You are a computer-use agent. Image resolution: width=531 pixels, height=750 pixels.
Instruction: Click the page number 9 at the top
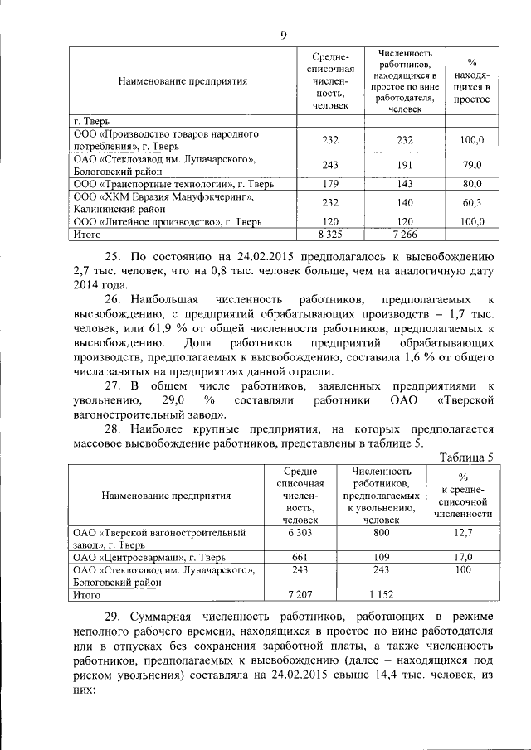coord(283,34)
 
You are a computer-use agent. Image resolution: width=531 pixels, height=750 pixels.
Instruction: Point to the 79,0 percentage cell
coord(472,165)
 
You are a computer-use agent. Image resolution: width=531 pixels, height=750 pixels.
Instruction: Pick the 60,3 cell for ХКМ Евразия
coord(472,202)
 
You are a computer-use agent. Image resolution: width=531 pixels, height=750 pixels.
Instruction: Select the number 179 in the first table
coord(329,183)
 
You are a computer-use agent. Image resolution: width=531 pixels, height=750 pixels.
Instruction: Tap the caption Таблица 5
coord(467,457)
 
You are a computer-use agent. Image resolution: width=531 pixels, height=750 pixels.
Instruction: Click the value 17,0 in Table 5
coord(463,558)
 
